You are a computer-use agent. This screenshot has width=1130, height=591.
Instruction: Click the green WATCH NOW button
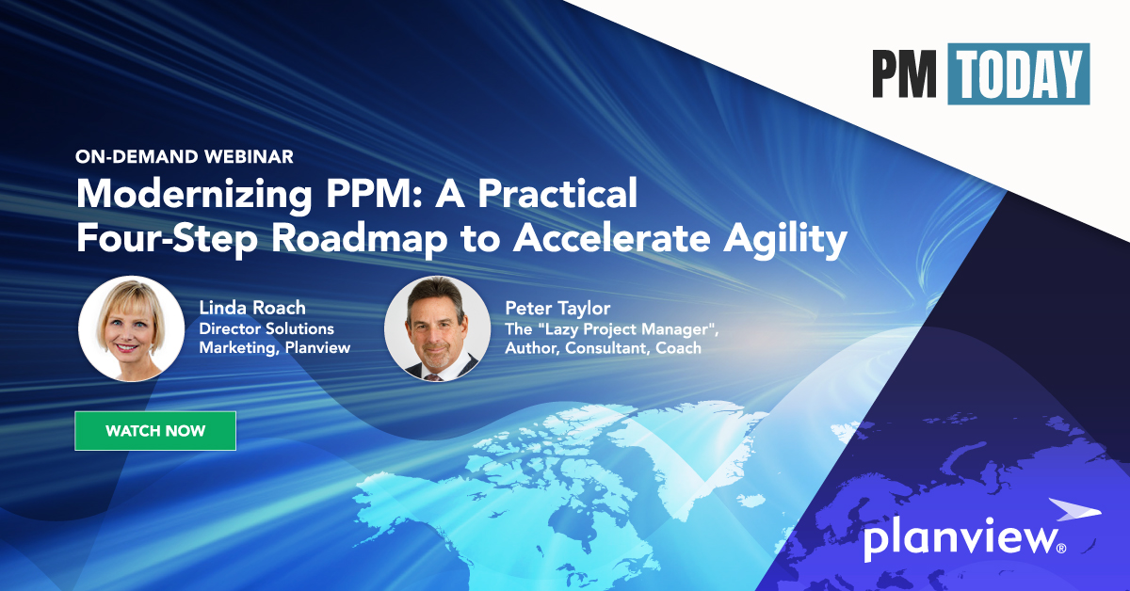[155, 431]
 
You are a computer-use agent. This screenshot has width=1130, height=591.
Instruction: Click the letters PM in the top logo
[905, 73]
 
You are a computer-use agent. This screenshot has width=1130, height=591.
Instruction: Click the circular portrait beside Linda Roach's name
[131, 327]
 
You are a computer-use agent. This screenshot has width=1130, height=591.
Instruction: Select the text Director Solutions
[266, 328]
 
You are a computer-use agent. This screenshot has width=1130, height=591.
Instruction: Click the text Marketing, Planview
[273, 348]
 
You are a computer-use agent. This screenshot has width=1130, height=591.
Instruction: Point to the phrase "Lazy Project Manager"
[635, 328]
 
